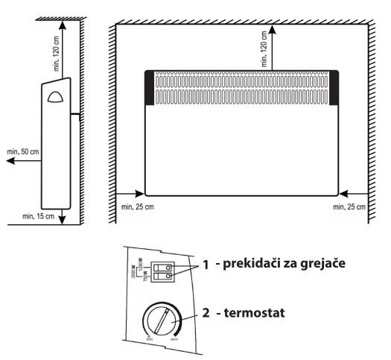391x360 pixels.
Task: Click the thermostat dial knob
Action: [161, 321]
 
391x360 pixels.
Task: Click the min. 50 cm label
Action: [24, 152]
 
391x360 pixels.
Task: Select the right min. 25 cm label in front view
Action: [349, 205]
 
